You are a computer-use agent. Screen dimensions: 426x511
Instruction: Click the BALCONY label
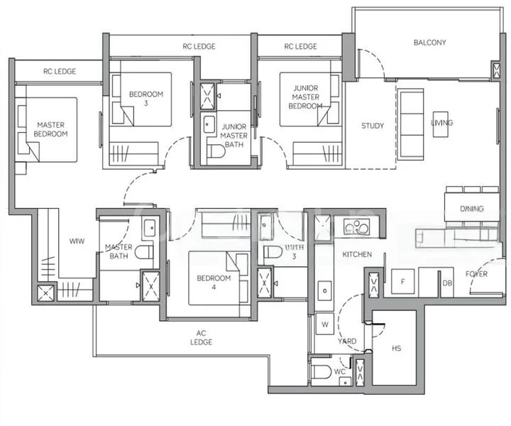pos(429,43)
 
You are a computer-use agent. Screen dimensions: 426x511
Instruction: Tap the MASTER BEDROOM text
pos(51,129)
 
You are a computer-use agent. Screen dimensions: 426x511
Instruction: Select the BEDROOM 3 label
pos(146,99)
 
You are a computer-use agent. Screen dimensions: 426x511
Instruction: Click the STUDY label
pos(373,126)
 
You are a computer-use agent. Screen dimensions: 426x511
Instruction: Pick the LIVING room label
pos(441,123)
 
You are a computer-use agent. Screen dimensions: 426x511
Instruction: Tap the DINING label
pos(471,209)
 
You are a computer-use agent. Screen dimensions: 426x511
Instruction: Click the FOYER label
pos(476,274)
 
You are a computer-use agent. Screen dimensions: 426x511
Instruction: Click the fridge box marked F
pos(402,282)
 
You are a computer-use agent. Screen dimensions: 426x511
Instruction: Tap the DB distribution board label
pos(447,283)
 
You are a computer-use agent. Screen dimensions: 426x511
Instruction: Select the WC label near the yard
pos(340,371)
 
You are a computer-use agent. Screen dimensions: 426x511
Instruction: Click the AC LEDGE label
pos(205,337)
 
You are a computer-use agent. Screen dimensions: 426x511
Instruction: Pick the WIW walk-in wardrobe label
pos(77,241)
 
